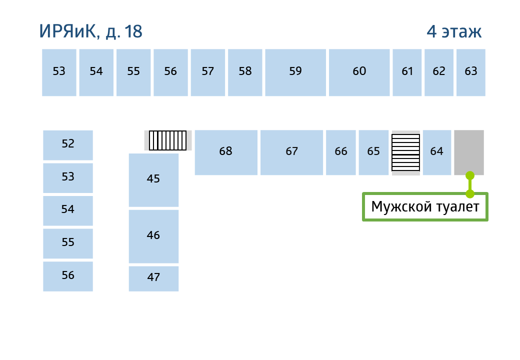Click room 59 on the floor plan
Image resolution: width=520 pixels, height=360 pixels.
(295, 72)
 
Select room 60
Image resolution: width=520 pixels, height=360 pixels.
(359, 72)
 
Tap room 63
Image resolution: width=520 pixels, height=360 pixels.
(471, 72)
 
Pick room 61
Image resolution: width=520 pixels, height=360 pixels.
(407, 72)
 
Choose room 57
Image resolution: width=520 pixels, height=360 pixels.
(208, 72)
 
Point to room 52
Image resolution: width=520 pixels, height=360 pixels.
(68, 145)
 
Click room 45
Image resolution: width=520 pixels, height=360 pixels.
(153, 180)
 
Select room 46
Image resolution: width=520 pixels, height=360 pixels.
(153, 236)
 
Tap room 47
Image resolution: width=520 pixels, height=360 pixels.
(153, 279)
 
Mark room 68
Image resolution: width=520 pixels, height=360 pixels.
(226, 152)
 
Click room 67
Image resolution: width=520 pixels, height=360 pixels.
(291, 152)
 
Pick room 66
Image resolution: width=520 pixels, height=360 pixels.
(341, 152)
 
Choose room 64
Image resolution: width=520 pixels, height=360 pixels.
(437, 152)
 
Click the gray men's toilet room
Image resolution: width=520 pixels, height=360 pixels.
(469, 152)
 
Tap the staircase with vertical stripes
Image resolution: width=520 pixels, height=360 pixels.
(168, 140)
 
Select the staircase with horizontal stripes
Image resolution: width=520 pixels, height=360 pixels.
(406, 152)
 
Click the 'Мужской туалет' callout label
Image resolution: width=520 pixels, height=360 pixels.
(425, 207)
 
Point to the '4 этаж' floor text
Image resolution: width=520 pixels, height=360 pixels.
(454, 31)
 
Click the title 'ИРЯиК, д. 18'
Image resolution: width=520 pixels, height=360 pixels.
(90, 32)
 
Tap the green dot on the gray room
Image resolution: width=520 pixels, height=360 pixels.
(470, 175)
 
